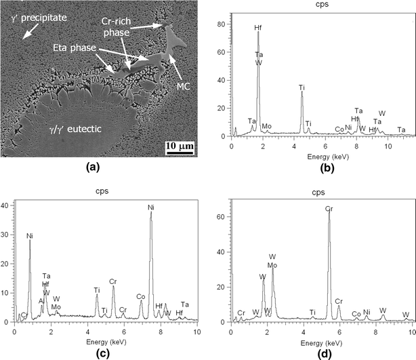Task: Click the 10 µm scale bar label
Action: pyautogui.click(x=180, y=146)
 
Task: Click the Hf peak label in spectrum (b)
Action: pyautogui.click(x=258, y=28)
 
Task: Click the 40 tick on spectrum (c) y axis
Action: pyautogui.click(x=7, y=203)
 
